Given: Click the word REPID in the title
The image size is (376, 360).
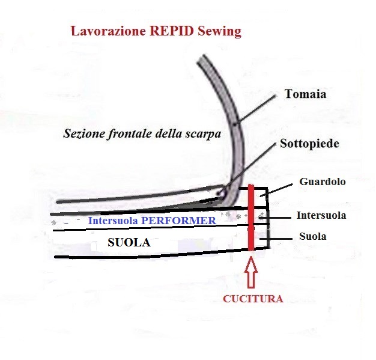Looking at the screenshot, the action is pyautogui.click(x=172, y=31).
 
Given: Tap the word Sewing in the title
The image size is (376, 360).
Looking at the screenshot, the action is pyautogui.click(x=219, y=32).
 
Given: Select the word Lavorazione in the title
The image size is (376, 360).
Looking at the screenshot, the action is pyautogui.click(x=108, y=31).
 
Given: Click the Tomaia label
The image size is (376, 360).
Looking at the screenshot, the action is pyautogui.click(x=306, y=94).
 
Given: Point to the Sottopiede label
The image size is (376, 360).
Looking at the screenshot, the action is pyautogui.click(x=309, y=144).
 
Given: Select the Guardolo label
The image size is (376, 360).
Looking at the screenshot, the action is pyautogui.click(x=323, y=182).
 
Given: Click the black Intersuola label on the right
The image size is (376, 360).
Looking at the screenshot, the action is pyautogui.click(x=321, y=215).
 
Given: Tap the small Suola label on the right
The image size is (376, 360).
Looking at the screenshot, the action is pyautogui.click(x=313, y=236).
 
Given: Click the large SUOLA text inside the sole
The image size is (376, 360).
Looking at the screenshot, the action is pyautogui.click(x=129, y=242).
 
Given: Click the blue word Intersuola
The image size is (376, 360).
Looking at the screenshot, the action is pyautogui.click(x=113, y=221).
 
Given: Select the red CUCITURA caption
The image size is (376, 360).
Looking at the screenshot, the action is pyautogui.click(x=253, y=299).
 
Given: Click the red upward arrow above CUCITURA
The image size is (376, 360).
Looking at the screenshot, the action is pyautogui.click(x=251, y=272).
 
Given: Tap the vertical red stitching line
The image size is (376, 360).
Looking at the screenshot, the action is pyautogui.click(x=251, y=218).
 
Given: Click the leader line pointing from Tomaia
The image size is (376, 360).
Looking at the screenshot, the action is pyautogui.click(x=255, y=109).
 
